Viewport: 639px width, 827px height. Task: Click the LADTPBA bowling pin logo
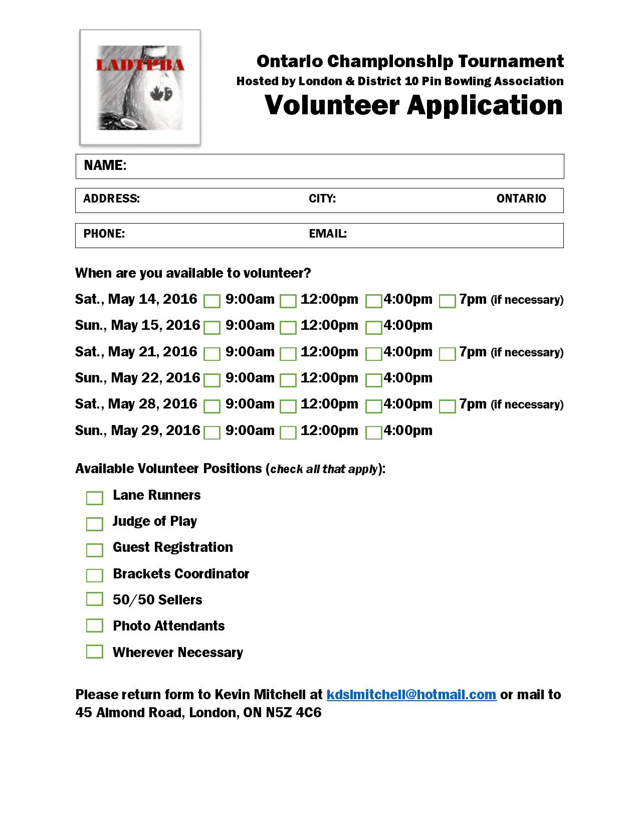pyautogui.click(x=140, y=88)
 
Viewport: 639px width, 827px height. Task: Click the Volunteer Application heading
pyautogui.click(x=413, y=105)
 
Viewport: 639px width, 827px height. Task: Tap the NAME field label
pyautogui.click(x=105, y=165)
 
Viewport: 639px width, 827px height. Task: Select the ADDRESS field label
pyautogui.click(x=111, y=198)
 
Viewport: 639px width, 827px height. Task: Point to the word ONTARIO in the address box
pyautogui.click(x=521, y=198)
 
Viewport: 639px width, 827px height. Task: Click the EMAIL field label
pyautogui.click(x=328, y=234)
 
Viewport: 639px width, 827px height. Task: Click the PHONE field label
pyautogui.click(x=104, y=234)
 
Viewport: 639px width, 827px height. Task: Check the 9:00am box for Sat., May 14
pyautogui.click(x=212, y=301)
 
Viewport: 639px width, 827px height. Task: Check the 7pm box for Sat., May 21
pyautogui.click(x=447, y=354)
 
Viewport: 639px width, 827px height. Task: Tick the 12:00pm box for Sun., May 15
pyautogui.click(x=288, y=328)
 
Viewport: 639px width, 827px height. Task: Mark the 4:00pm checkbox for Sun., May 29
pyautogui.click(x=373, y=433)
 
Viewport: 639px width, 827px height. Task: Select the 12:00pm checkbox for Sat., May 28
pyautogui.click(x=288, y=406)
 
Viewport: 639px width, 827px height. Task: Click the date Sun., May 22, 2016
pyautogui.click(x=137, y=378)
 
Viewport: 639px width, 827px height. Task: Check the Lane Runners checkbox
pyautogui.click(x=94, y=498)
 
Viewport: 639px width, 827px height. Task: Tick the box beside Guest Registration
pyautogui.click(x=94, y=550)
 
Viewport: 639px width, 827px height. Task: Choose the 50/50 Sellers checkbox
pyautogui.click(x=94, y=599)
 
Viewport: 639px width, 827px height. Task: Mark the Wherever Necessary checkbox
pyautogui.click(x=94, y=652)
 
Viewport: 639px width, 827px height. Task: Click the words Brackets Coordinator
pyautogui.click(x=181, y=574)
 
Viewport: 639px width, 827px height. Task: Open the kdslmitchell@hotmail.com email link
pyautogui.click(x=411, y=695)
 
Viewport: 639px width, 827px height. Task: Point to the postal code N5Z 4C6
pyautogui.click(x=294, y=713)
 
